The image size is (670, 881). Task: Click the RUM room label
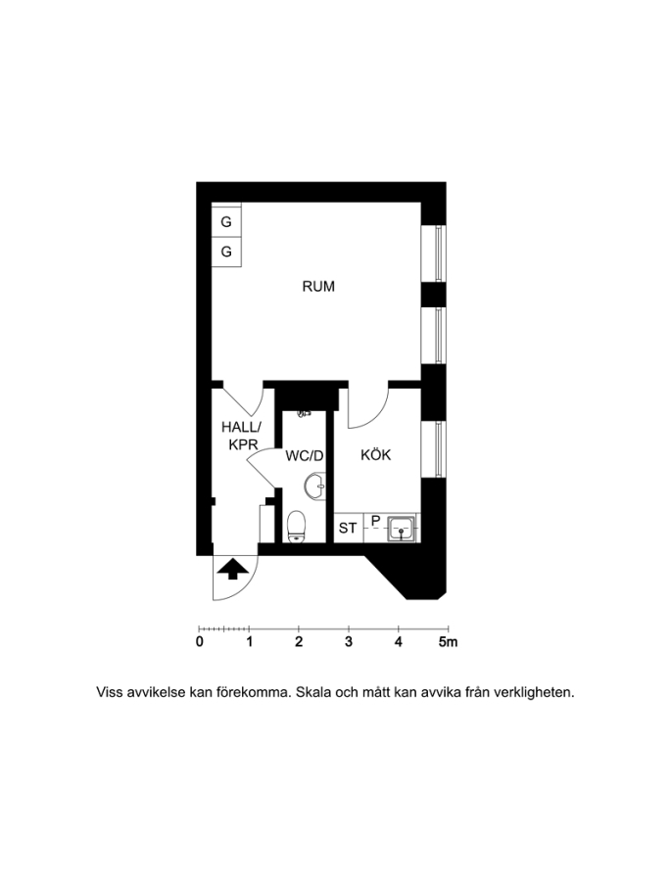pyautogui.click(x=318, y=287)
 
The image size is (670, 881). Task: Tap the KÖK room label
pyautogui.click(x=376, y=455)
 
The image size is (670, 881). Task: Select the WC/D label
pyautogui.click(x=305, y=456)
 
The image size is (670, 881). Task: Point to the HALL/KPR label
pyautogui.click(x=241, y=436)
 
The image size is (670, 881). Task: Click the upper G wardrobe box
pyautogui.click(x=226, y=222)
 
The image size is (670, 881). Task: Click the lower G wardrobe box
pyautogui.click(x=226, y=252)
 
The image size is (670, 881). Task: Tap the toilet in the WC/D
pyautogui.click(x=298, y=526)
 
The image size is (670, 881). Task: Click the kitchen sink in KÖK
pyautogui.click(x=402, y=529)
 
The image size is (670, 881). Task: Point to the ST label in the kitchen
pyautogui.click(x=348, y=529)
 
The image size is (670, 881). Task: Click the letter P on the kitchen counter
pyautogui.click(x=375, y=522)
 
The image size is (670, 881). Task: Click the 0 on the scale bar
pyautogui.click(x=200, y=642)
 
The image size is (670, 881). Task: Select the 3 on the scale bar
pyautogui.click(x=349, y=642)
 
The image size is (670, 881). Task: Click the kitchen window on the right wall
pyautogui.click(x=440, y=448)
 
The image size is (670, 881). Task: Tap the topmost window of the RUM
pyautogui.click(x=440, y=254)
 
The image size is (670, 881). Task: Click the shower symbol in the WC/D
pyautogui.click(x=304, y=414)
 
